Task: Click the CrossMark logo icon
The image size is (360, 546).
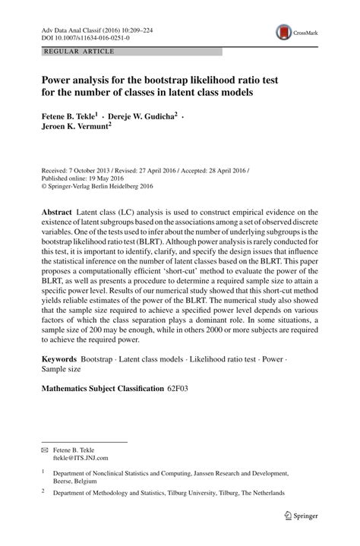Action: coord(285,32)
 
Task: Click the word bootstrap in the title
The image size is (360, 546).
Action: coord(169,79)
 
